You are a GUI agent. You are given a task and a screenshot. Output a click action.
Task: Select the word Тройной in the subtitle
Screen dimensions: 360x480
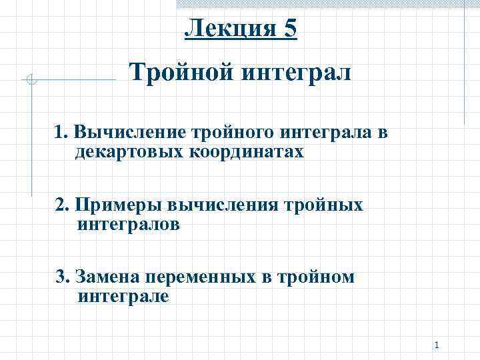[174, 71]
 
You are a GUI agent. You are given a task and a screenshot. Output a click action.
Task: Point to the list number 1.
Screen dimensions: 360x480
[61, 133]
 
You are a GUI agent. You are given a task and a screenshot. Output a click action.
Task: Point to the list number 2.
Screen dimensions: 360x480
[62, 205]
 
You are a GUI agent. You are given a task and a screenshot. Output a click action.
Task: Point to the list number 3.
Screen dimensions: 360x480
[62, 277]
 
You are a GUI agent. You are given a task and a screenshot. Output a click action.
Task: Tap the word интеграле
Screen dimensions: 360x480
[123, 295]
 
